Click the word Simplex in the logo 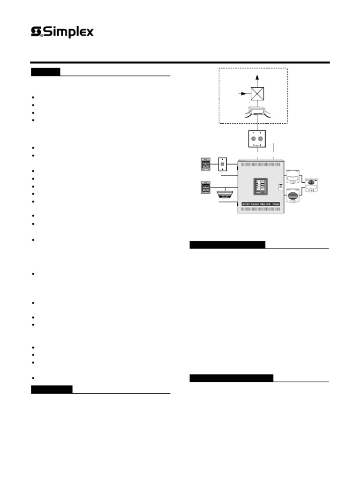(69, 32)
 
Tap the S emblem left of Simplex (37, 32)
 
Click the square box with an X (257, 94)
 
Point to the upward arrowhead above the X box (257, 76)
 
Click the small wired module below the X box (257, 112)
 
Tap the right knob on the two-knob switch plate (261, 139)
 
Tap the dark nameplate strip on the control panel (261, 204)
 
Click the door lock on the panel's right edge (280, 186)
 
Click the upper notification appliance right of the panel (294, 177)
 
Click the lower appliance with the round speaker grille (294, 195)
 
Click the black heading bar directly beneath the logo (45, 72)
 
